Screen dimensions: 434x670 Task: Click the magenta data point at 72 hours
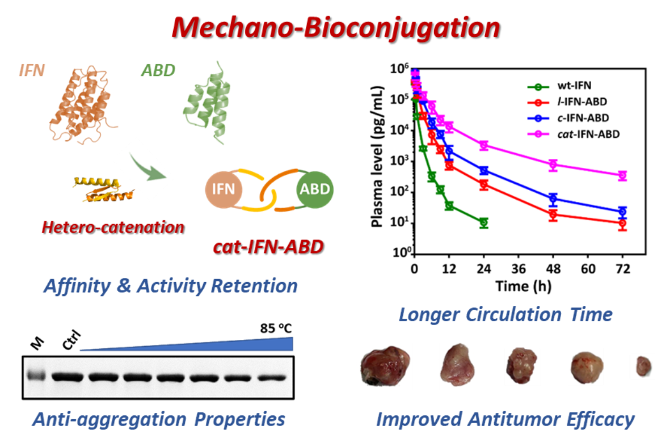622,175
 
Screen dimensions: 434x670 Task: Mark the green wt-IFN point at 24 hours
483,222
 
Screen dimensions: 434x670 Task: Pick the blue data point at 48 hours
553,199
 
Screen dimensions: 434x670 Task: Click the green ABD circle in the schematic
315,189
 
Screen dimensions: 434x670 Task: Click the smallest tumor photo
642,366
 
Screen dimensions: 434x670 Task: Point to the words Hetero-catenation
112,227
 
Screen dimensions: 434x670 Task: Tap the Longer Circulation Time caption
505,314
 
